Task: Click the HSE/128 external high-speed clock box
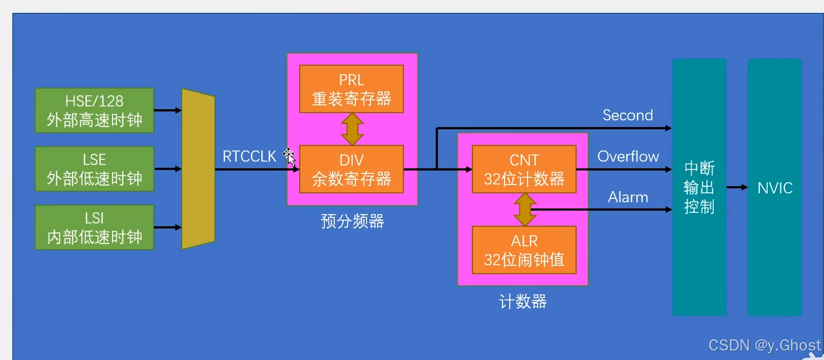point(94,110)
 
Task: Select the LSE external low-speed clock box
point(94,169)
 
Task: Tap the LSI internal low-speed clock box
point(94,227)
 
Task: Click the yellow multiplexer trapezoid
point(198,169)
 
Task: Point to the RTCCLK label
point(249,157)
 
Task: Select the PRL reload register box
point(351,89)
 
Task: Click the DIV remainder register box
point(351,169)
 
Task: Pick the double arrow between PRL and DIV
point(352,129)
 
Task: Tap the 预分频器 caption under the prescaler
point(352,221)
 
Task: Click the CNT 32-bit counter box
point(524,169)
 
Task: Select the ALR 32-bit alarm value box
point(524,250)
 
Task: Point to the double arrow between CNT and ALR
point(524,210)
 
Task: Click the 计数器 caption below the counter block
point(523,301)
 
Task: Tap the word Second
point(627,115)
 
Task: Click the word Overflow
point(628,157)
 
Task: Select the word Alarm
point(628,197)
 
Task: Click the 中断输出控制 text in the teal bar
point(699,188)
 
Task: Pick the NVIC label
point(774,188)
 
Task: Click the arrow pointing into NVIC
point(737,188)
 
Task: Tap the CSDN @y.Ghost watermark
point(764,346)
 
